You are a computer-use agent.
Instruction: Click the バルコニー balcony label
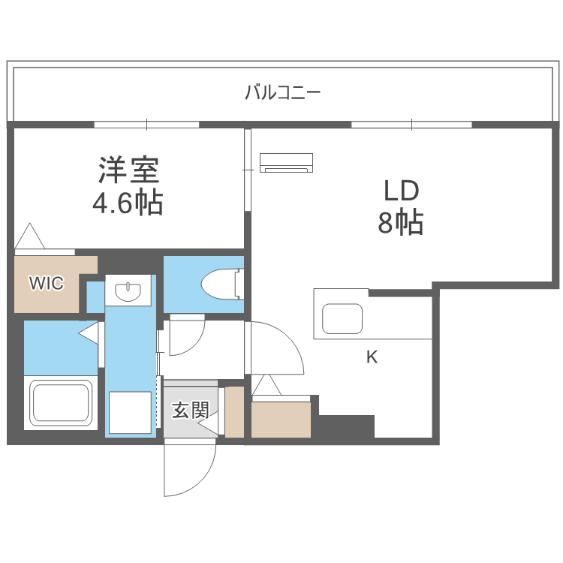[282, 93]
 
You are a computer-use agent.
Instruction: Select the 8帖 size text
[401, 223]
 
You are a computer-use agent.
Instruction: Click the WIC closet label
[46, 283]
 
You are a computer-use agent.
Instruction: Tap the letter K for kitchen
[372, 357]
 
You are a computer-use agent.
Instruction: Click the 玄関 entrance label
[190, 410]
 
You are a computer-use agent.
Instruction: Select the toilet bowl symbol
[219, 283]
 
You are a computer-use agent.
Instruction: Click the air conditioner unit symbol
[286, 162]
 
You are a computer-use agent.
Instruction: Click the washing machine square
[131, 413]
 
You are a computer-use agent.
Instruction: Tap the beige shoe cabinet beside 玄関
[235, 412]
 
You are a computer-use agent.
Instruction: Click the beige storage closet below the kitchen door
[281, 419]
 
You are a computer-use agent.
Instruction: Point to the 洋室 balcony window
[146, 125]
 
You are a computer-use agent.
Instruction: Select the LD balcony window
[411, 125]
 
